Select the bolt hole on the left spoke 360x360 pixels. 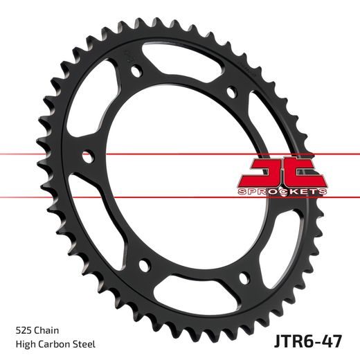87,156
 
